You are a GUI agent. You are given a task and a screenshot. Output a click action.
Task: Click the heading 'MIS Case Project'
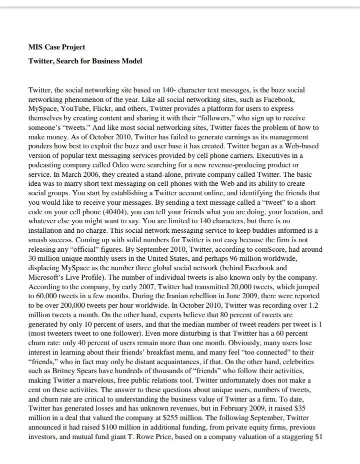56,47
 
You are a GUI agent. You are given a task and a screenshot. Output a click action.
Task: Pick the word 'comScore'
246,249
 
